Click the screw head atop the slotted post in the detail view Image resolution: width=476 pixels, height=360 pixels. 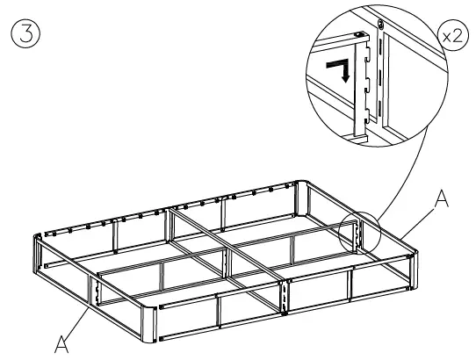click(x=379, y=22)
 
